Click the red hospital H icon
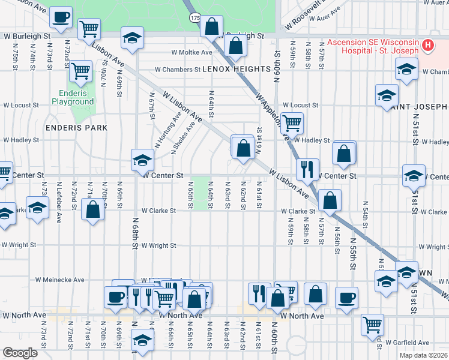click(x=427, y=44)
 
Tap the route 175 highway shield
click(x=195, y=18)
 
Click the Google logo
click(x=20, y=353)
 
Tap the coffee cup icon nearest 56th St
click(x=345, y=297)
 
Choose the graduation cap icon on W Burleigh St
click(x=131, y=38)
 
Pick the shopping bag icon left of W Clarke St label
click(x=92, y=210)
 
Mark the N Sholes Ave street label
click(x=184, y=139)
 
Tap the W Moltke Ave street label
click(x=192, y=52)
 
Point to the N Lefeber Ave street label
click(x=58, y=196)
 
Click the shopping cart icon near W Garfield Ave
click(x=372, y=325)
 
